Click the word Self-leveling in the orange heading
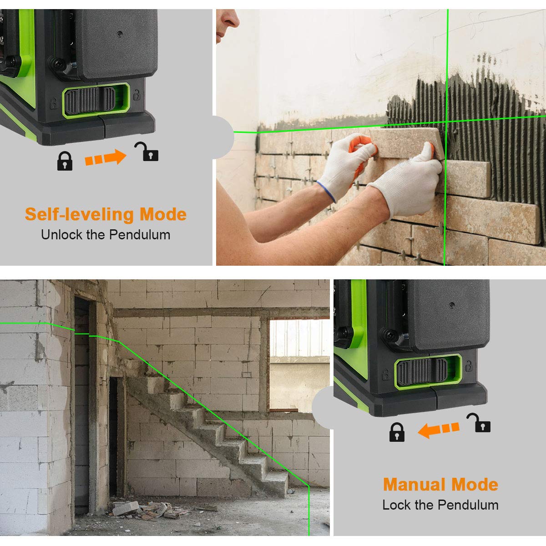click(x=80, y=214)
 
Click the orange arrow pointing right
click(x=106, y=158)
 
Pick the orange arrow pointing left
click(x=439, y=429)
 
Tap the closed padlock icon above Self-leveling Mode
click(x=65, y=161)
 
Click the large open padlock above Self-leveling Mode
click(x=147, y=152)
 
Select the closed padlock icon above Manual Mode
click(x=397, y=432)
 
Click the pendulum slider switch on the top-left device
click(x=90, y=101)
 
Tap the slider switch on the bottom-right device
click(x=422, y=371)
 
